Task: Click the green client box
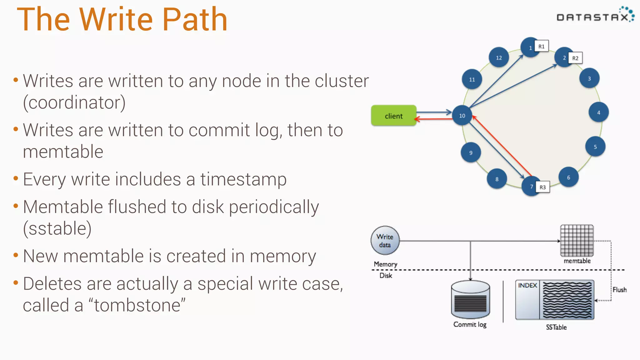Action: pos(393,116)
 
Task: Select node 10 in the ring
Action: pos(462,116)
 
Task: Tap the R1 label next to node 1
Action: pos(541,47)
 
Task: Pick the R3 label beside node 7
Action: pos(542,187)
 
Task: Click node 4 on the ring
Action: pos(598,112)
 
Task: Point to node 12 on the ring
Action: pos(499,57)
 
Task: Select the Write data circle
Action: pos(385,241)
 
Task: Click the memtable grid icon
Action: pos(577,241)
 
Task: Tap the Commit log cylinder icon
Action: pos(470,300)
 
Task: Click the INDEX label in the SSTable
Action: pos(527,285)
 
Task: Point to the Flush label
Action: pos(619,290)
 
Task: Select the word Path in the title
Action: pos(195,19)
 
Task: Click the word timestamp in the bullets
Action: pos(243,180)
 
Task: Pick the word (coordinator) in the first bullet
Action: pos(74,102)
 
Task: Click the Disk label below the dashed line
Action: pos(386,275)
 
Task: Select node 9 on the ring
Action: pos(471,152)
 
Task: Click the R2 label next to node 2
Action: pos(575,58)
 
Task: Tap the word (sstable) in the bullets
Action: pos(57,228)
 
